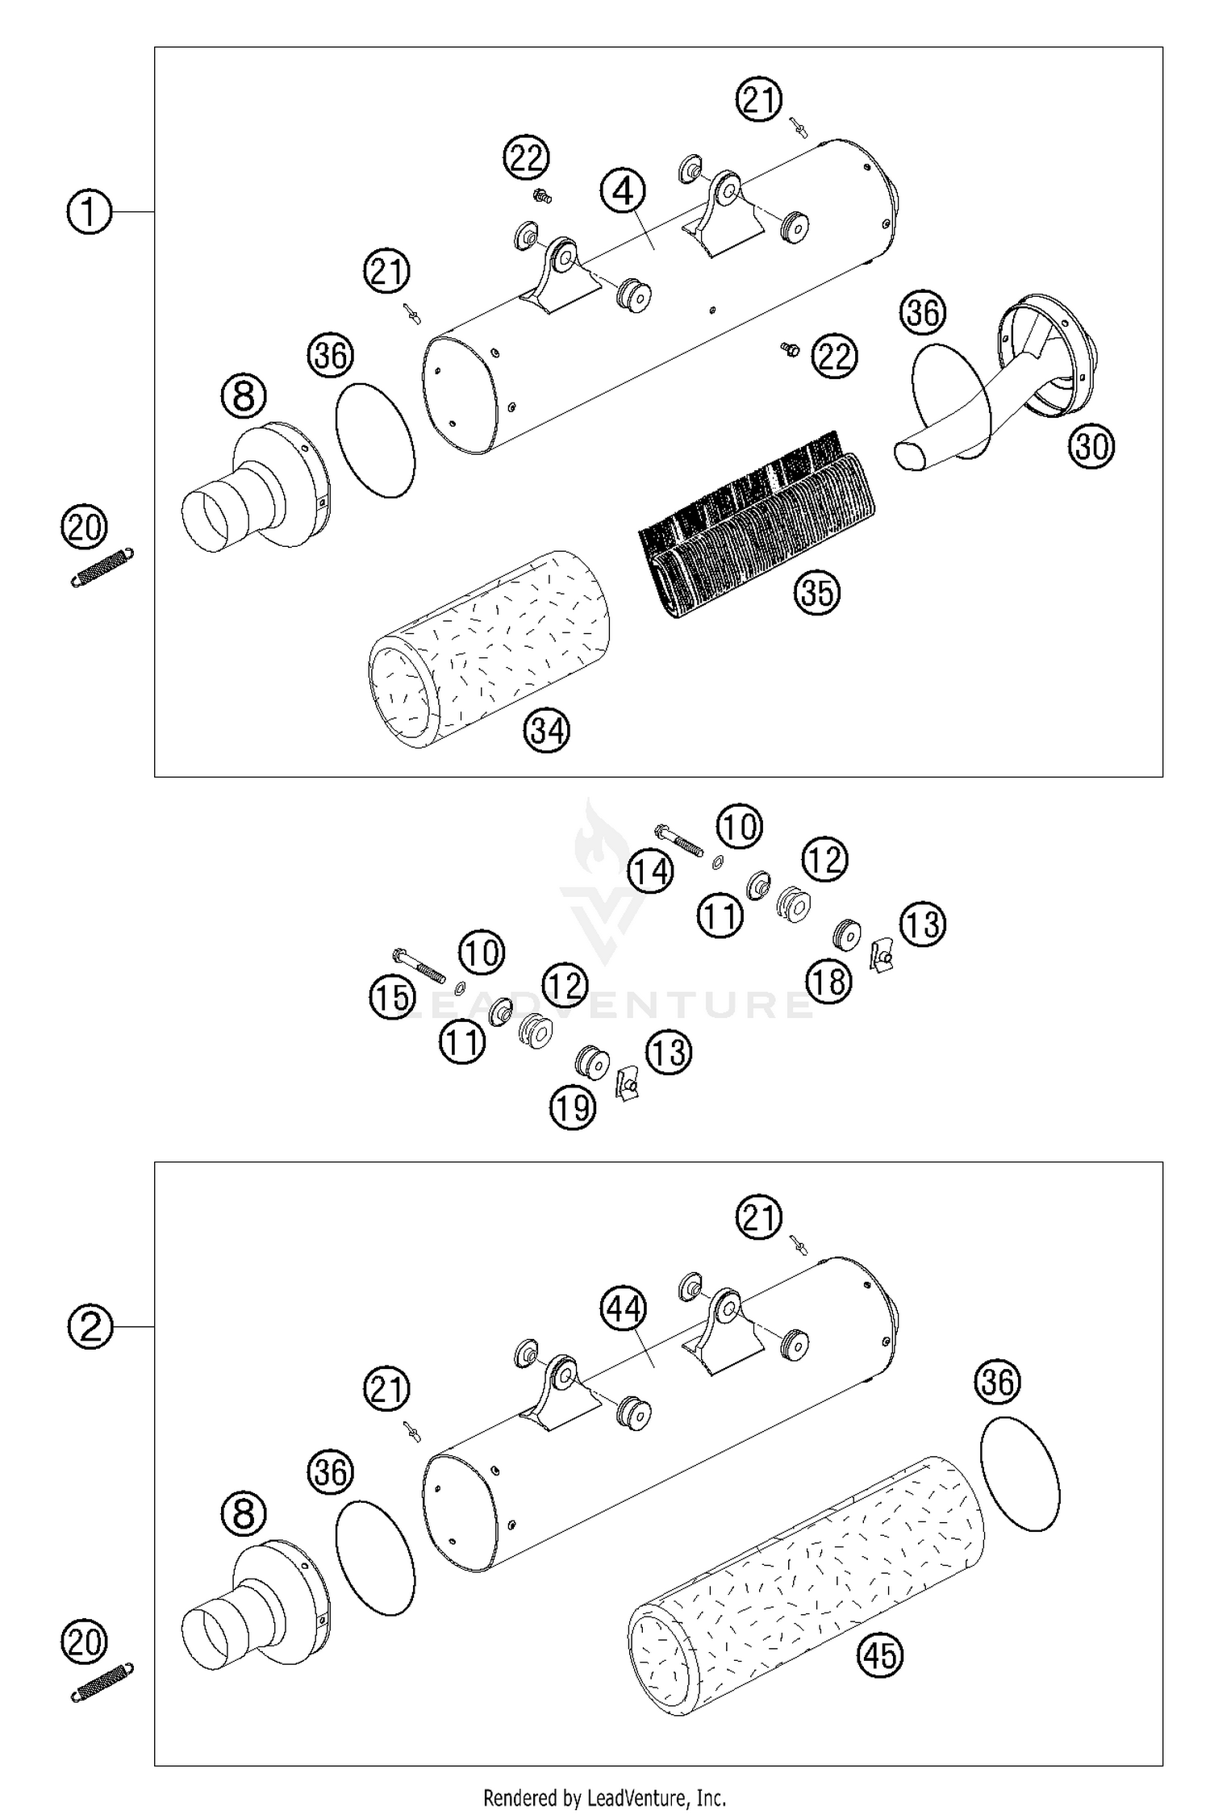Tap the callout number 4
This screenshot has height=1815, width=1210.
tap(623, 192)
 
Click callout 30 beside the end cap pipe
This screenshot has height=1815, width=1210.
tap(1091, 446)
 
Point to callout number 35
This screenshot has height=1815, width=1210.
tap(816, 592)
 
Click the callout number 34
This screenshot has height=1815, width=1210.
tap(547, 731)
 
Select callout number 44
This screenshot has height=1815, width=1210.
tap(624, 1308)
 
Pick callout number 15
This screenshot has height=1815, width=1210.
tap(392, 998)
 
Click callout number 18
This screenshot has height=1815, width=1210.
tap(828, 982)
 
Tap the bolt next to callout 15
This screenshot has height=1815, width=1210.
tap(418, 965)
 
